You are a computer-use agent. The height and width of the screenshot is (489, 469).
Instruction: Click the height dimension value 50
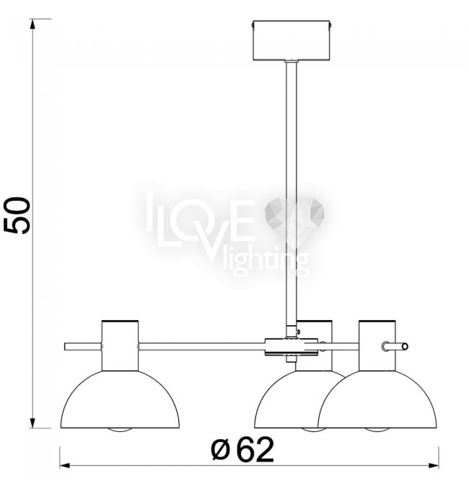[17, 215]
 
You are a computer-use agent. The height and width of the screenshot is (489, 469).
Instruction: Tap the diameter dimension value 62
[255, 449]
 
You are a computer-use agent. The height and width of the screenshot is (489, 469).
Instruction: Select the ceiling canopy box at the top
[292, 40]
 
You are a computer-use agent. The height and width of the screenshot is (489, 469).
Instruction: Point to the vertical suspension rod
[291, 194]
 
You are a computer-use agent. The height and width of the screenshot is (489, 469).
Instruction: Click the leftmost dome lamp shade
[120, 399]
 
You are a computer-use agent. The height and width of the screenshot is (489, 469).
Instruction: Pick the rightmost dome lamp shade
[377, 399]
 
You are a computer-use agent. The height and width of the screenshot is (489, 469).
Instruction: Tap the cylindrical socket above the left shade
[120, 345]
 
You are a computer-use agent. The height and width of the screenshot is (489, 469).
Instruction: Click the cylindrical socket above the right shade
[377, 345]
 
